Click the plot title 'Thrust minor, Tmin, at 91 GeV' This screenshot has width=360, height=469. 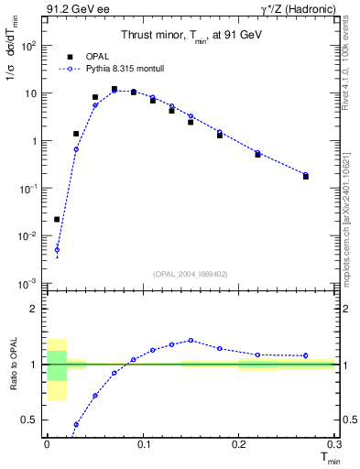tap(191, 36)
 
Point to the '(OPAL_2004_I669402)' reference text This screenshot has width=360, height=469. tap(191, 274)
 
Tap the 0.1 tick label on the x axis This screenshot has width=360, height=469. tap(142, 444)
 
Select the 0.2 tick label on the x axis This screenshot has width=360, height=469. tap(238, 444)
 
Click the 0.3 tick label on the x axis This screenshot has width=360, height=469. tap(333, 444)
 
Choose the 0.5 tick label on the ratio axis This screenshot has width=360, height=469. tap(33, 420)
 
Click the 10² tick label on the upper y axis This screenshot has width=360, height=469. tap(30, 45)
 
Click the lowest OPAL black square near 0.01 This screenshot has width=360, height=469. tap(57, 219)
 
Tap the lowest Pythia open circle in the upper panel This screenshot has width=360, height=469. tap(57, 249)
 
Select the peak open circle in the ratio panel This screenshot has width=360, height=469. tap(191, 340)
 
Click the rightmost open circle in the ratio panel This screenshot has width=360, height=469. tap(305, 355)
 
